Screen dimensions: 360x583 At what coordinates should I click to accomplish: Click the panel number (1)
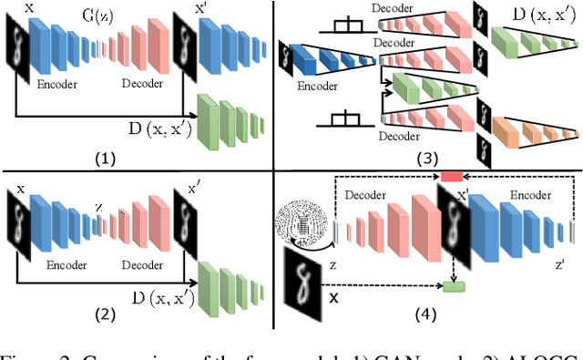pyautogui.click(x=107, y=157)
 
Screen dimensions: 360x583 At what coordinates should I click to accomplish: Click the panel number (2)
pyautogui.click(x=107, y=316)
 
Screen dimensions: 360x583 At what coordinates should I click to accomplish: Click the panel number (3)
pyautogui.click(x=424, y=157)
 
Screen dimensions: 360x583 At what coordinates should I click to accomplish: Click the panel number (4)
pyautogui.click(x=425, y=316)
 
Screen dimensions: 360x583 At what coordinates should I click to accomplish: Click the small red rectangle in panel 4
pyautogui.click(x=453, y=176)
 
